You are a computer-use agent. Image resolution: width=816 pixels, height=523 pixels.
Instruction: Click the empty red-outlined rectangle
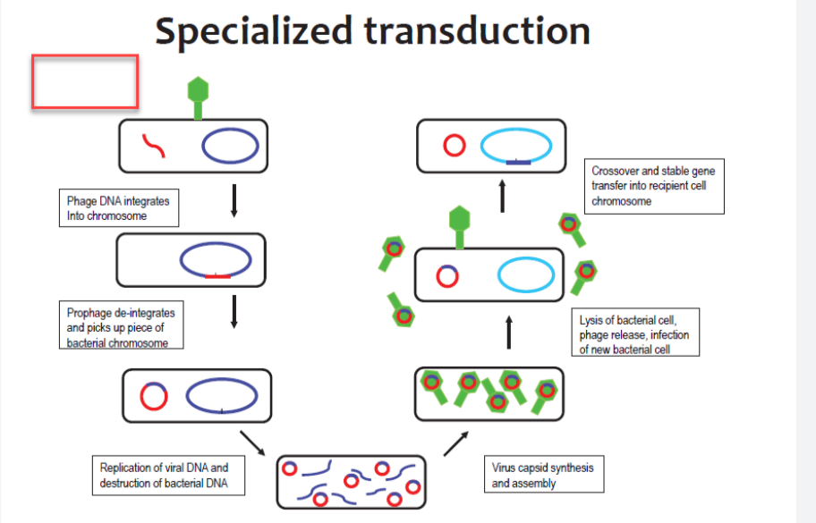coord(85,82)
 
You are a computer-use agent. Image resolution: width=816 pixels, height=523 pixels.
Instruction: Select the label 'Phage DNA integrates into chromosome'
coord(117,208)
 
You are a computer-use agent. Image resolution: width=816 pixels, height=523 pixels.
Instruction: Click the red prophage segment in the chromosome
coord(217,276)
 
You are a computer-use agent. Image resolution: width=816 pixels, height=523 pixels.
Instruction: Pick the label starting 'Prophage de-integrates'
coord(122,327)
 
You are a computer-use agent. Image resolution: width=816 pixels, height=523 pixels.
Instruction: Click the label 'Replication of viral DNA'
coord(165,476)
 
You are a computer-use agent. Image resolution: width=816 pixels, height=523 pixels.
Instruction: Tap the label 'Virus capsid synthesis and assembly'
coord(542,476)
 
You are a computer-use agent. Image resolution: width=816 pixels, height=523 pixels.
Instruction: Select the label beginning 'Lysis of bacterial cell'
coord(635,333)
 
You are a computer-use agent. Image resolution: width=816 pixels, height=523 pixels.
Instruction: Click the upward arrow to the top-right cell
coord(503,196)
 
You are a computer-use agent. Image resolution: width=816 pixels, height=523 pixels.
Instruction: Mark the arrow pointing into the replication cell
coord(253,441)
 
